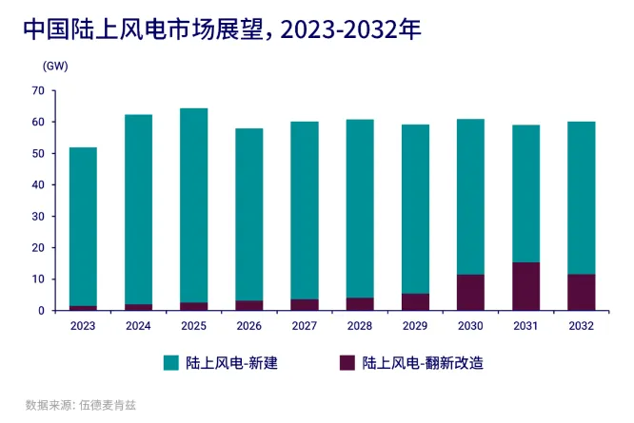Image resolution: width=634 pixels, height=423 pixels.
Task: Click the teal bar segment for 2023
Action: click(83, 226)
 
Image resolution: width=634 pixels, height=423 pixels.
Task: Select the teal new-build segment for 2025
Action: click(193, 205)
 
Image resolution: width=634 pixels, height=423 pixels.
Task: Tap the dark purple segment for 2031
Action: click(525, 286)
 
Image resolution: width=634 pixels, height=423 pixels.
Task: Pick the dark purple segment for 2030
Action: click(470, 293)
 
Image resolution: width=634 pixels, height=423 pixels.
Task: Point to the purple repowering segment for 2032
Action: click(581, 293)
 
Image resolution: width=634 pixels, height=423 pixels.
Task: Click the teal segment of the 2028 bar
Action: click(360, 208)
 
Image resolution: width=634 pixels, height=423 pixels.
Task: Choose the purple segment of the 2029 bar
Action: click(415, 301)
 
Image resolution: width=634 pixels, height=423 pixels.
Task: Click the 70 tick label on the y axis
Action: click(38, 91)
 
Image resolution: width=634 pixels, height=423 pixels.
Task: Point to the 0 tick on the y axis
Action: click(42, 311)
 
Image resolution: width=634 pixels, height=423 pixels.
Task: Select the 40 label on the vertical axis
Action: click(38, 185)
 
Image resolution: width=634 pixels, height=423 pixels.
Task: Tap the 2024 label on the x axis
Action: click(138, 326)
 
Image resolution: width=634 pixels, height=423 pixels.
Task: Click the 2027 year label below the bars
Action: click(304, 326)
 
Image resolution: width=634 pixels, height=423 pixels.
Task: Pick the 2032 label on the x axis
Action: click(581, 326)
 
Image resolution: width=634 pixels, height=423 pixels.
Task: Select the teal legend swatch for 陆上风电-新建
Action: click(171, 363)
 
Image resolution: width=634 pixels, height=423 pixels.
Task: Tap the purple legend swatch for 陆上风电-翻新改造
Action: click(347, 363)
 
